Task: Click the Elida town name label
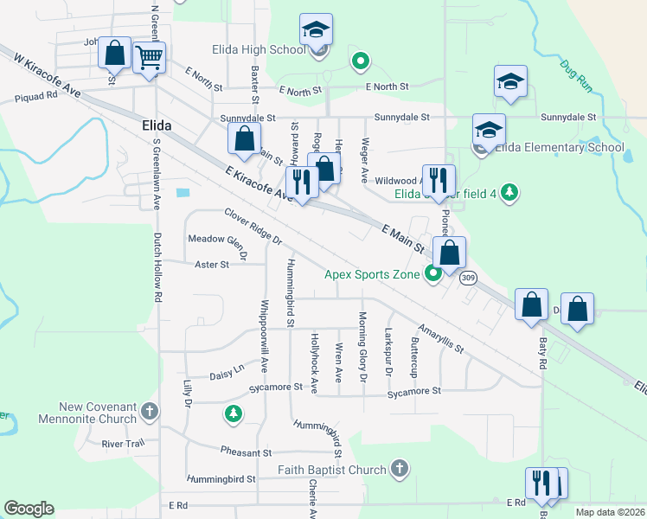pos(156,125)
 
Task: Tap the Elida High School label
pos(258,49)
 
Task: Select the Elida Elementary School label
pos(559,147)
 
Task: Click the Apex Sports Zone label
pos(372,274)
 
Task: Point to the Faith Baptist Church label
pos(331,470)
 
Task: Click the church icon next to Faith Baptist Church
pos(399,470)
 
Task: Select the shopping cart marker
pos(150,58)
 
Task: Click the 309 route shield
pos(468,278)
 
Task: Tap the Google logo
pos(29,509)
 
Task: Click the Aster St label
pos(211,265)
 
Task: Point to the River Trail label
pos(123,444)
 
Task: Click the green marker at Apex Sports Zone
pos(433,274)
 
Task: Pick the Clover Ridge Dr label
pos(253,226)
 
